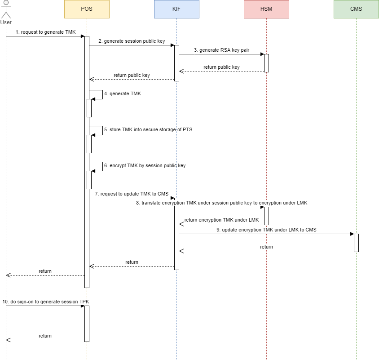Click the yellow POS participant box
coord(87,9)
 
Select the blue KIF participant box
coord(176,9)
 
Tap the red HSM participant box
coord(266,9)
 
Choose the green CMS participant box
coord(356,9)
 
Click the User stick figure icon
coord(6,10)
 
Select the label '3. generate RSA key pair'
coord(221,50)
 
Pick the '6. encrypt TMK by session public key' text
coord(145,165)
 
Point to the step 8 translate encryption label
coord(221,203)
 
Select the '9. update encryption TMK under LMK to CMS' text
coord(266,230)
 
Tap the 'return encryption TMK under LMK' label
coord(221,220)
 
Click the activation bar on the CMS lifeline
coord(356,243)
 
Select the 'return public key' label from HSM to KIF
coord(221,67)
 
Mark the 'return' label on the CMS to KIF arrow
coord(266,247)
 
